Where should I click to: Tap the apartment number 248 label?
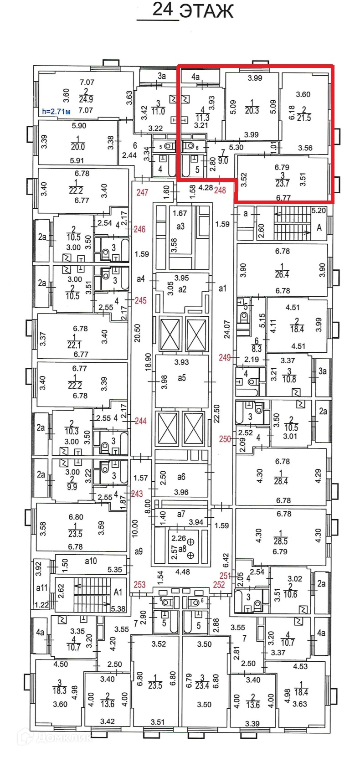click(220, 190)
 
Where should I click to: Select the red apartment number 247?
click(142, 193)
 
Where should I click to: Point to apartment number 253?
click(139, 585)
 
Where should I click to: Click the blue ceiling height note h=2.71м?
click(56, 111)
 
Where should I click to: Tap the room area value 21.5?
click(303, 117)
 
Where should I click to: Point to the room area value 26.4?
click(282, 274)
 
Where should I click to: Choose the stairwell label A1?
click(118, 592)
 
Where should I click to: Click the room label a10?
click(91, 561)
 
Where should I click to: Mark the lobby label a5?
click(182, 377)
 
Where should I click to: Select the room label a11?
click(41, 588)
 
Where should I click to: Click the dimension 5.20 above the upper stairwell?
click(319, 211)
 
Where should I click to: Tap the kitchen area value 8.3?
click(257, 349)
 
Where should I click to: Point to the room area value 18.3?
click(59, 690)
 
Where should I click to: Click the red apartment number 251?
click(225, 576)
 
